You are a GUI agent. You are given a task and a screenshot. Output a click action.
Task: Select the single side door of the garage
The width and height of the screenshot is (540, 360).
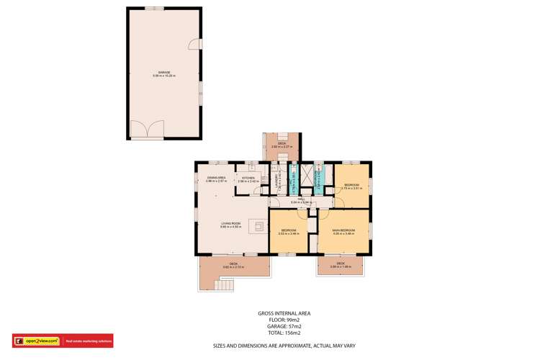click(194, 45)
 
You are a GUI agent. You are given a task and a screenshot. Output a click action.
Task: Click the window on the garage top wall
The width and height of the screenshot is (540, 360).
click(153, 8)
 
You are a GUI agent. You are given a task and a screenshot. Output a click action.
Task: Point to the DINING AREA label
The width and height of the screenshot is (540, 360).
click(217, 179)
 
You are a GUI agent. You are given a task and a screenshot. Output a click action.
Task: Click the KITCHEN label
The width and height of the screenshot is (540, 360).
click(248, 179)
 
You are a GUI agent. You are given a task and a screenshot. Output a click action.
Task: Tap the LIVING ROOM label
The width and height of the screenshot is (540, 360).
click(231, 225)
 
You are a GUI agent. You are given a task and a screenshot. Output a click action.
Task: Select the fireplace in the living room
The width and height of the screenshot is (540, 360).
click(257, 226)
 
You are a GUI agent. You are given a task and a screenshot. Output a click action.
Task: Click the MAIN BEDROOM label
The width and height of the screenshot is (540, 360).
click(343, 232)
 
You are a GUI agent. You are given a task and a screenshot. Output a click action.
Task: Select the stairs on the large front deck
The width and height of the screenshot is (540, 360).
click(225, 285)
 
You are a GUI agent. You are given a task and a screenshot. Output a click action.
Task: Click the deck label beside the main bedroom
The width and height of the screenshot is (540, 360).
click(341, 265)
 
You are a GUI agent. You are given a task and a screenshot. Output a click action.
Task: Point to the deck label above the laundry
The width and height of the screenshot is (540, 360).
click(282, 145)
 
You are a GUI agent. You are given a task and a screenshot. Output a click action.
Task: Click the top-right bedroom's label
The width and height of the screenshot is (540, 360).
click(351, 186)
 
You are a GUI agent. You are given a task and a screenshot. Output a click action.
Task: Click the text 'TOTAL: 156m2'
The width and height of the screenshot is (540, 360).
click(284, 333)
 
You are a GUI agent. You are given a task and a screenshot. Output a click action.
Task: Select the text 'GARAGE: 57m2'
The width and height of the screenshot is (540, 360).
click(284, 327)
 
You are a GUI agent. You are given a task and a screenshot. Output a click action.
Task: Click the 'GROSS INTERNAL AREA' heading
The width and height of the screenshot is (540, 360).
click(284, 314)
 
